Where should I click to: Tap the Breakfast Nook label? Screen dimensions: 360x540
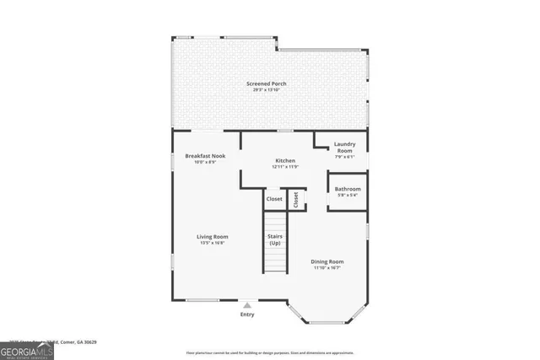coord(206,156)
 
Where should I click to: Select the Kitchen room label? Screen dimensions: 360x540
coord(286,161)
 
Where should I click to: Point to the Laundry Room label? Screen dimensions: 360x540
coord(344,147)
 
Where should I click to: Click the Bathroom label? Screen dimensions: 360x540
coord(348,189)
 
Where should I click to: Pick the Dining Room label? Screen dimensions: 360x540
coord(328,261)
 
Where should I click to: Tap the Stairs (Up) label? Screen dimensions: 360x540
coord(274,239)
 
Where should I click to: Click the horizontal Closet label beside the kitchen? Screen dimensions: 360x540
coord(274,199)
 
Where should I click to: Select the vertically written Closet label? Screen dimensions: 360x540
coord(296,200)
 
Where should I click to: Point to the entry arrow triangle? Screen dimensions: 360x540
coord(247,304)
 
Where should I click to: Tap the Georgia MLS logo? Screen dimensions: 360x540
coord(27,349)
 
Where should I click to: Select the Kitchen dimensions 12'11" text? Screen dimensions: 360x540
coord(286,167)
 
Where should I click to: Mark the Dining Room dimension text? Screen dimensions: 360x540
coord(328,267)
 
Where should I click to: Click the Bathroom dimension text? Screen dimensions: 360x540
coord(348,195)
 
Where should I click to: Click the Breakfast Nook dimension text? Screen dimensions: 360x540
coord(206,162)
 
